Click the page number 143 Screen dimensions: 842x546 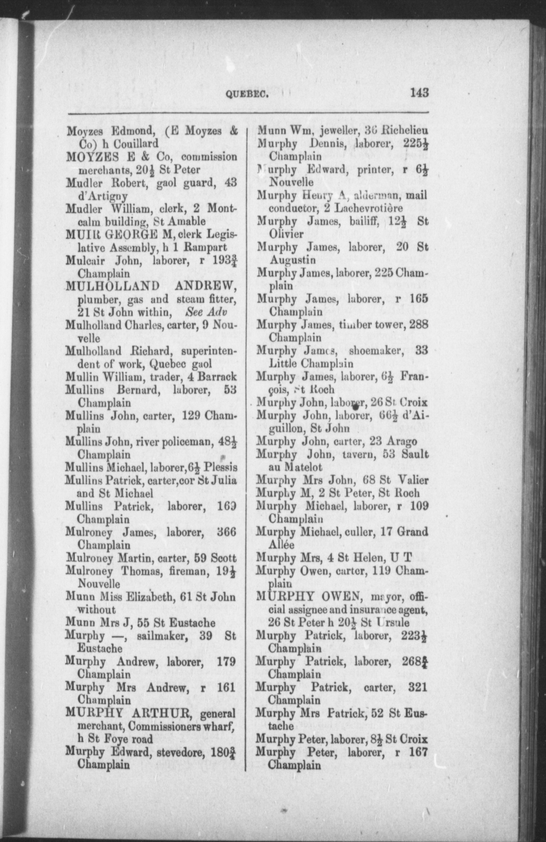(x=419, y=92)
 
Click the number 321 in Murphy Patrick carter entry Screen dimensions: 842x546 (x=417, y=687)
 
